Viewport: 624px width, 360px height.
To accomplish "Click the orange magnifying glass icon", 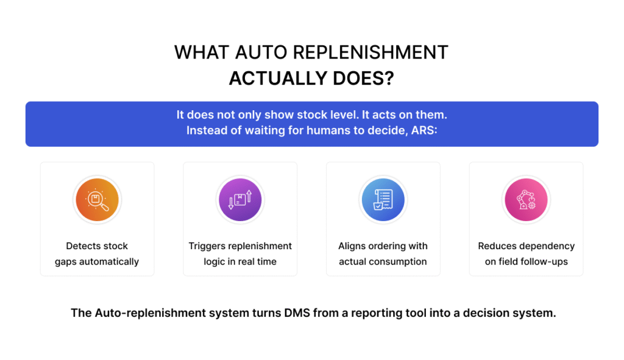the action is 97,200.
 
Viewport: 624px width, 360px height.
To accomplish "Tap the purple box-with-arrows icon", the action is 240,200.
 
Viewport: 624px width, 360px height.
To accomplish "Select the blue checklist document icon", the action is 383,200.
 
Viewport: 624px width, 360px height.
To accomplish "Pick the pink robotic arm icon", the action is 526,200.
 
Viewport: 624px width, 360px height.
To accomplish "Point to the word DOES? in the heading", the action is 363,79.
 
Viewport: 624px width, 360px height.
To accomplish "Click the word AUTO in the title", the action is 261,52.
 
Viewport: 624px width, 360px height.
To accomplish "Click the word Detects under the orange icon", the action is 81,246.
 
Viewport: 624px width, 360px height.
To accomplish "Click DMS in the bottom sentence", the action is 297,313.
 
